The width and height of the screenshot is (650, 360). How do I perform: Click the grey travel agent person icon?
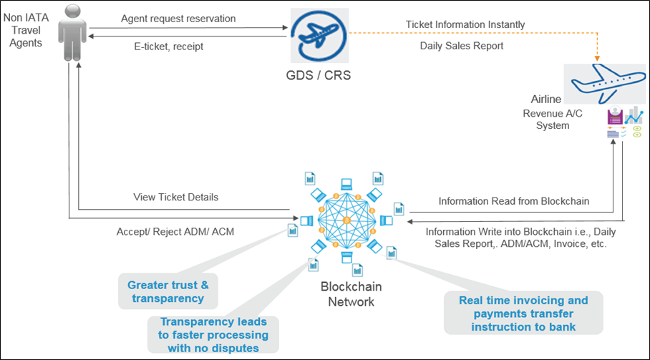[x=69, y=32]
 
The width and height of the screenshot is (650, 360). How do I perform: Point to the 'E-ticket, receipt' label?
[x=168, y=47]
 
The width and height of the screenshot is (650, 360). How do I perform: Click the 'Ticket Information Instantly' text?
[x=465, y=24]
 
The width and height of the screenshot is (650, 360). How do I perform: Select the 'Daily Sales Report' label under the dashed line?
[x=462, y=46]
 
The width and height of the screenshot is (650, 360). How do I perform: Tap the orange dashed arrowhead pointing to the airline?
[x=599, y=57]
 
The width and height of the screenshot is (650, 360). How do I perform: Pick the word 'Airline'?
[x=546, y=99]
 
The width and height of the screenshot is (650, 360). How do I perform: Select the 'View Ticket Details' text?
[x=175, y=197]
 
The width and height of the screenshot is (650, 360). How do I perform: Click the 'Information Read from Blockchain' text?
[x=513, y=201]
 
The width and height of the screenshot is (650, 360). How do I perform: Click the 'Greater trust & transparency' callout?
[x=168, y=292]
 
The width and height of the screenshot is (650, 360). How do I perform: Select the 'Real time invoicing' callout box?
[x=523, y=313]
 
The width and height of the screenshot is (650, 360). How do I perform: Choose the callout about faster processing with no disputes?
[x=214, y=334]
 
